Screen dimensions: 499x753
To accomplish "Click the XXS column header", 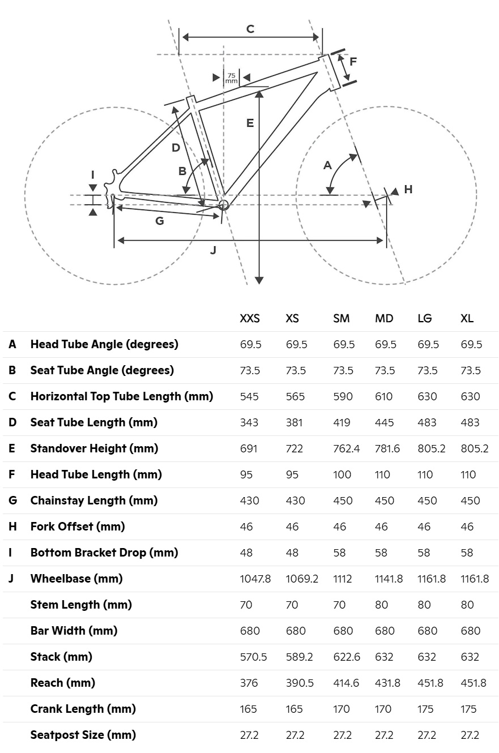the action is [x=249, y=318].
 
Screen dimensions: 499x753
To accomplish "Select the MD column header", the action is [x=384, y=318].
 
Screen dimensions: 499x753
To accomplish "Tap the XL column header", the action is [x=467, y=318].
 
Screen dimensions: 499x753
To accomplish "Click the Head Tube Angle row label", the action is [x=104, y=344].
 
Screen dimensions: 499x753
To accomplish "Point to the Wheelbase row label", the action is [x=76, y=579].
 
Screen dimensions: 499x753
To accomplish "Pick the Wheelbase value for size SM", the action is [x=342, y=579].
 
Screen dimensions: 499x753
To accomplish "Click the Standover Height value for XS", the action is [x=294, y=448].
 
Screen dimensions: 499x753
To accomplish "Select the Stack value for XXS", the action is [x=253, y=657].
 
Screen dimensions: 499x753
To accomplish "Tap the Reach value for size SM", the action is [x=346, y=683].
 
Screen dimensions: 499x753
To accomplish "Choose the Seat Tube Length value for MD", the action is [x=384, y=422].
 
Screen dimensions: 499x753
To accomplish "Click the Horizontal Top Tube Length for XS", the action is [x=295, y=396].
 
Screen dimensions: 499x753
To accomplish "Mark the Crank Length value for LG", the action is [x=425, y=709].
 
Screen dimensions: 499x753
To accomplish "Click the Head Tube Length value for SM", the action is [x=342, y=474].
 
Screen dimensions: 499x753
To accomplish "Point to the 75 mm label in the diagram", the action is [x=231, y=78].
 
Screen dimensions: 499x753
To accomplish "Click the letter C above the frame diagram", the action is [x=250, y=29].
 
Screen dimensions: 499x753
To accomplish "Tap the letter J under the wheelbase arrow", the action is [x=213, y=250].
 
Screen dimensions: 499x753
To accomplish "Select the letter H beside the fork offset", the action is [x=408, y=189].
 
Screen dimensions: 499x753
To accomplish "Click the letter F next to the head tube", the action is [x=353, y=62].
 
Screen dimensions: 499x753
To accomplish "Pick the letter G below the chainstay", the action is [x=159, y=221].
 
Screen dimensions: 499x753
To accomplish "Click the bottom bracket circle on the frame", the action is [x=223, y=204].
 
